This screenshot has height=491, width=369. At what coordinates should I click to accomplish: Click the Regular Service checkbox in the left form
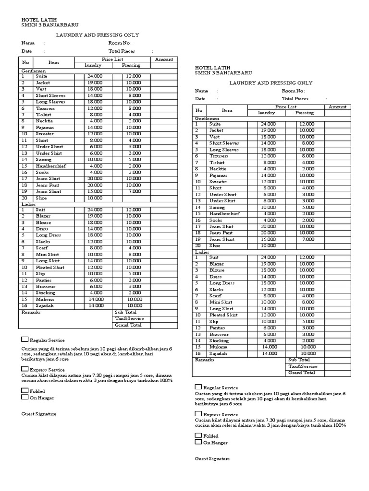pos(25,339)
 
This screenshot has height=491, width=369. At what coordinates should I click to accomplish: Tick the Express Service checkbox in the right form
pos(198,414)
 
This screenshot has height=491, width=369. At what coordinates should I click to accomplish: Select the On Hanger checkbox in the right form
pos(198,442)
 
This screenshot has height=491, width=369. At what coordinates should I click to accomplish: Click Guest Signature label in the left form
pos(39,413)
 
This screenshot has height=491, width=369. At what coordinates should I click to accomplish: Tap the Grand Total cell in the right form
pos(302,373)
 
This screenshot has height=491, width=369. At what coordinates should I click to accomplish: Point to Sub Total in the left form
pos(125,312)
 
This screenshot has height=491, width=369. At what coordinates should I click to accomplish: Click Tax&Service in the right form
pos(303,366)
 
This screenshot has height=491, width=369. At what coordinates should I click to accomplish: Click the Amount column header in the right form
pos(337,107)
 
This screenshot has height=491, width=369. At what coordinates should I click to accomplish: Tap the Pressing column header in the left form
pos(131,65)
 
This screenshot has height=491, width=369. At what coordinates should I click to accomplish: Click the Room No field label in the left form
pos(120,43)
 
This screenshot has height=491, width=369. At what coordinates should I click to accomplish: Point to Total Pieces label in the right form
pos(295,98)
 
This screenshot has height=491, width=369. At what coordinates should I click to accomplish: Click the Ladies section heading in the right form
pos(202,252)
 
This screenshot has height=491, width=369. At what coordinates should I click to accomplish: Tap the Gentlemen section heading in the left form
pos(33,70)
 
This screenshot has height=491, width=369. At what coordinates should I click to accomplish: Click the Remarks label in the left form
pos(31,312)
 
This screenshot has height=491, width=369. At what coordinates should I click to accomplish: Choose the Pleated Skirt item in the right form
pos(224,315)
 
